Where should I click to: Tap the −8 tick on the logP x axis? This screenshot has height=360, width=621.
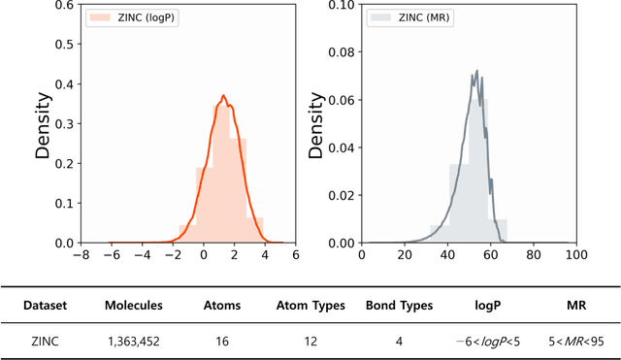[85, 255]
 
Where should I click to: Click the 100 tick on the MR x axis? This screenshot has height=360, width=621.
[574, 255]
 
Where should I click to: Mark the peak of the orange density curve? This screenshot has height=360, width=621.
[223, 96]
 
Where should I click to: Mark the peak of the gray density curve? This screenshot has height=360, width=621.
[476, 71]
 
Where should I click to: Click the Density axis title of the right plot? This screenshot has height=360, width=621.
[315, 125]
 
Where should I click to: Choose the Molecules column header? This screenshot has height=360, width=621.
[134, 306]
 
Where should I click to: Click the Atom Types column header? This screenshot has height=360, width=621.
[310, 306]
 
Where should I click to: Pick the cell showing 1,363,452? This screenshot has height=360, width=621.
[134, 341]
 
